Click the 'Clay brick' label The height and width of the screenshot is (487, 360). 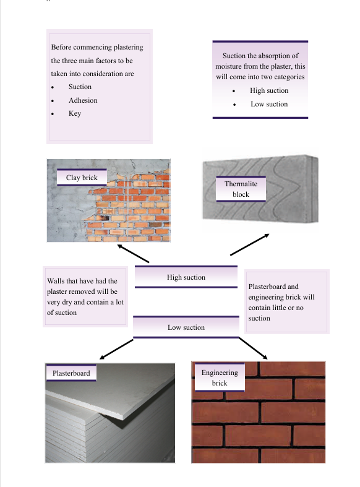[x=82, y=178]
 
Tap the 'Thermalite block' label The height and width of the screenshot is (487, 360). [x=241, y=189]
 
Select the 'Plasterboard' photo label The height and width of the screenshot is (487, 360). [x=71, y=373]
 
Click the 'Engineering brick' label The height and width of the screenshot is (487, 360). [x=220, y=377]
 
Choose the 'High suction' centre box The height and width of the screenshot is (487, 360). [x=186, y=277]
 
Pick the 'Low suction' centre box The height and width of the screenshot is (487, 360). [x=186, y=327]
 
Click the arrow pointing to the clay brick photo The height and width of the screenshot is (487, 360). [x=133, y=254]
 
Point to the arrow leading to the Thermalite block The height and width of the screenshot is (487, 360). [x=249, y=244]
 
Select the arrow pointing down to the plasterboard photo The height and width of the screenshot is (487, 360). [x=116, y=349]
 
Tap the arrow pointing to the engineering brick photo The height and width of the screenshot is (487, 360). [x=253, y=348]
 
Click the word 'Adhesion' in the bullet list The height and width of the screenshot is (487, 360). [x=83, y=100]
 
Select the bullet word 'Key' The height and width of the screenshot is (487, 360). [x=75, y=113]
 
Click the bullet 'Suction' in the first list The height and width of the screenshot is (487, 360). [x=80, y=87]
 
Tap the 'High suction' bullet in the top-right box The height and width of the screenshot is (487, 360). [x=269, y=90]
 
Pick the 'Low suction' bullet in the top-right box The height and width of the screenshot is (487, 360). [x=269, y=104]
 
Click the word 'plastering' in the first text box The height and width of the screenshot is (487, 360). [x=128, y=47]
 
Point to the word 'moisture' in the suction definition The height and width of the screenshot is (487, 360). [x=228, y=66]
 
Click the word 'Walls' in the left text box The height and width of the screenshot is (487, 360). [x=56, y=281]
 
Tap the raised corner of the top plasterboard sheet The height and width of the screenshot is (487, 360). [x=124, y=419]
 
